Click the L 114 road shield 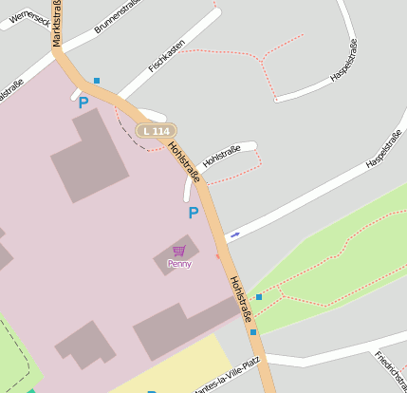pyautogui.click(x=156, y=130)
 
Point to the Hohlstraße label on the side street pyautogui.click(x=221, y=155)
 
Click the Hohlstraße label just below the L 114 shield pyautogui.click(x=184, y=160)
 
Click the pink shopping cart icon pyautogui.click(x=178, y=251)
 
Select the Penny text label pyautogui.click(x=178, y=264)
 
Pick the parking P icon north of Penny pyautogui.click(x=194, y=214)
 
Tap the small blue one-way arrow pyautogui.click(x=234, y=234)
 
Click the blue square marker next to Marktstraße pyautogui.click(x=96, y=81)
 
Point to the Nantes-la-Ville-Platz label pyautogui.click(x=226, y=377)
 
